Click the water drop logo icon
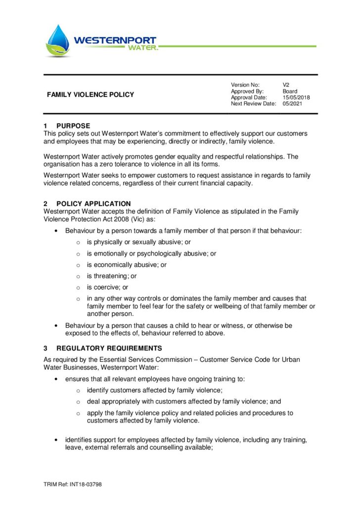58,41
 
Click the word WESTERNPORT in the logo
115,40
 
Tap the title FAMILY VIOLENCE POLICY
90,94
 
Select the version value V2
286,85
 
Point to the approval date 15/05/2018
296,97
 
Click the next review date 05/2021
292,104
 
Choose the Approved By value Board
290,91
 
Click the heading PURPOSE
73,126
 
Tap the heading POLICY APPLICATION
93,204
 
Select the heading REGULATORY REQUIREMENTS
109,348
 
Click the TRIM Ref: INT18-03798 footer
73,484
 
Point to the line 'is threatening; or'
112,276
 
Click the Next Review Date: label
253,104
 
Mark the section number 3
45,348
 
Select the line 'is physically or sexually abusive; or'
139,242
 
